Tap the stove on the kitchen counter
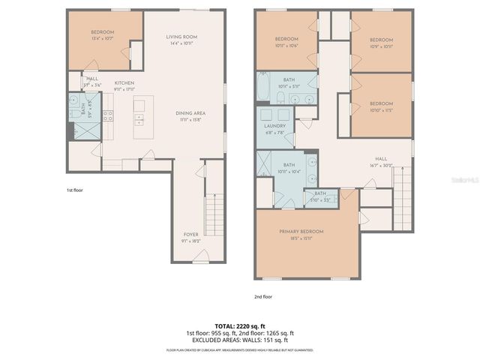coord(107,115)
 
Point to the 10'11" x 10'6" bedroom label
coord(286,42)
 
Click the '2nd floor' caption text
coord(263,297)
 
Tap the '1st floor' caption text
coord(75,190)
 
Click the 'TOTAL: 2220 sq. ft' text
coord(239,325)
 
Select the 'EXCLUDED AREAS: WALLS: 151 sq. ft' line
coord(239,340)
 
